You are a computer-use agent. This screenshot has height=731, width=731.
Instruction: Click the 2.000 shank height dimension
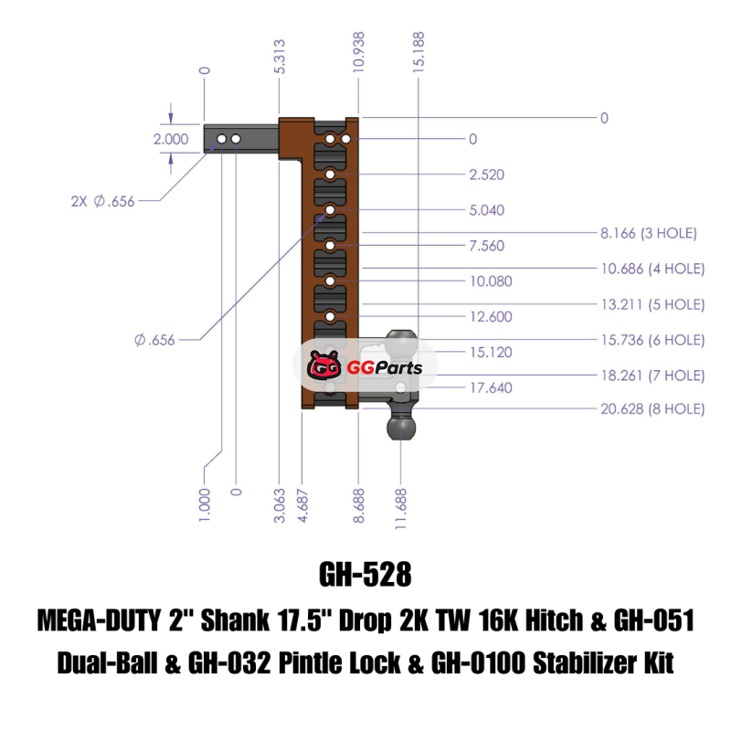171,140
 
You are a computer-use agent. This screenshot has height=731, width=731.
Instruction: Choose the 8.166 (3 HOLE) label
648,234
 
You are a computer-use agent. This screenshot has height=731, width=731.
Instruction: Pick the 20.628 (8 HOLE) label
652,409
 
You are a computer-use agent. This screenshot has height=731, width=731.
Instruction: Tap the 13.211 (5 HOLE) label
652,304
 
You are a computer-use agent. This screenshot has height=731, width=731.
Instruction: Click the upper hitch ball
402,344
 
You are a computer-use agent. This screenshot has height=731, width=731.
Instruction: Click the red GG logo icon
325,367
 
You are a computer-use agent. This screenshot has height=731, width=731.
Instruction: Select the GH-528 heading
365,576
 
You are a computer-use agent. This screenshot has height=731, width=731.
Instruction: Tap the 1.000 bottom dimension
204,504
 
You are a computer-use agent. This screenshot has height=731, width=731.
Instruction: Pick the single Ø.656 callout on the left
154,340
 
